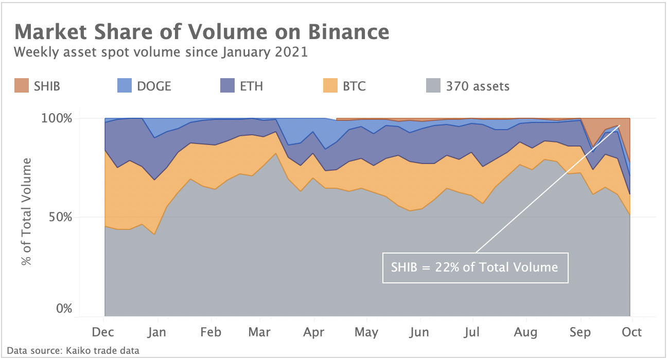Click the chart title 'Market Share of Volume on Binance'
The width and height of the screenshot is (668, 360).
coord(202,32)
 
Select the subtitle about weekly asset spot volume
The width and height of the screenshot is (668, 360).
coord(161,52)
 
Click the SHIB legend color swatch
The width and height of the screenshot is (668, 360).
coord(22,85)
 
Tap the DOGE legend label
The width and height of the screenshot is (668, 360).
coord(154,86)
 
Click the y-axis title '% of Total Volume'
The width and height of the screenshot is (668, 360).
coord(27,211)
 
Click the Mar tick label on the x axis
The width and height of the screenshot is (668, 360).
coord(260,332)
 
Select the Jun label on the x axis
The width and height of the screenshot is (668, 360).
coord(419,332)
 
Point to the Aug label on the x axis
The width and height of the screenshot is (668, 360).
coord(526,332)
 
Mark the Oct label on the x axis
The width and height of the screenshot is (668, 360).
coord(631,332)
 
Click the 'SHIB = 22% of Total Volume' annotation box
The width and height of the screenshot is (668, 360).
coord(475,267)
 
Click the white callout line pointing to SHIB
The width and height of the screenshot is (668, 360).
coord(546,190)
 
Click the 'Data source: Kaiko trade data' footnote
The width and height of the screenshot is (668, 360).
coord(73,351)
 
